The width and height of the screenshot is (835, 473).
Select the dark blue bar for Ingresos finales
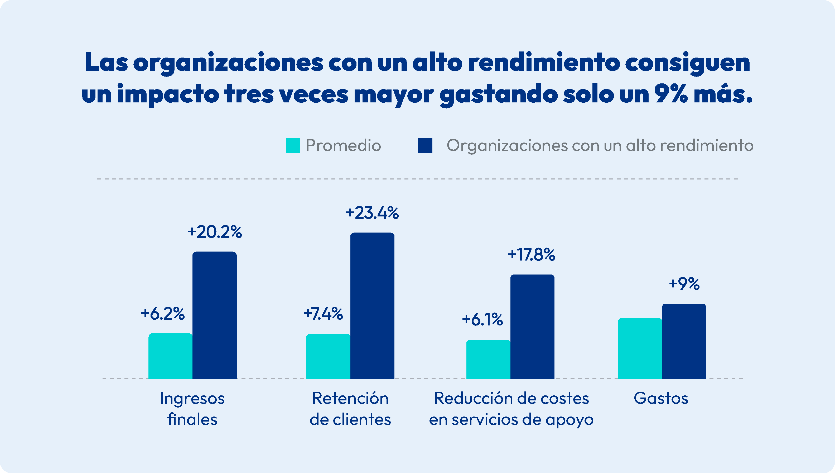coord(214,315)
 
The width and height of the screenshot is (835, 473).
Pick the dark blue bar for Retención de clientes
coord(372,305)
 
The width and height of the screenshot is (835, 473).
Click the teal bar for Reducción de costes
coord(488,359)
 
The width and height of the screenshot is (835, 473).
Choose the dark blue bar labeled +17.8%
coord(532,326)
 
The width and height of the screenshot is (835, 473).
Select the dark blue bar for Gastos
coord(684,341)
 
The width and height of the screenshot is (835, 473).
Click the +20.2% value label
coord(215,232)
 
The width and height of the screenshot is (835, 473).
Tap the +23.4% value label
coord(372,213)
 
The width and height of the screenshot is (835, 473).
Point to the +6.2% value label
coord(162,314)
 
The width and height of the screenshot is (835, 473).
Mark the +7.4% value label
coord(323,314)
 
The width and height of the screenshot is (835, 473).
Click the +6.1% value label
coord(482,319)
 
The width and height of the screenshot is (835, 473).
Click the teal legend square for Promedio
coord(293,145)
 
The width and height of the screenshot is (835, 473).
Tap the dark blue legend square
coord(425,145)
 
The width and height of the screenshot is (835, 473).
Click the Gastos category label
coord(661,398)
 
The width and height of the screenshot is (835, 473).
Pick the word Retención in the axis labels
coord(350,398)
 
